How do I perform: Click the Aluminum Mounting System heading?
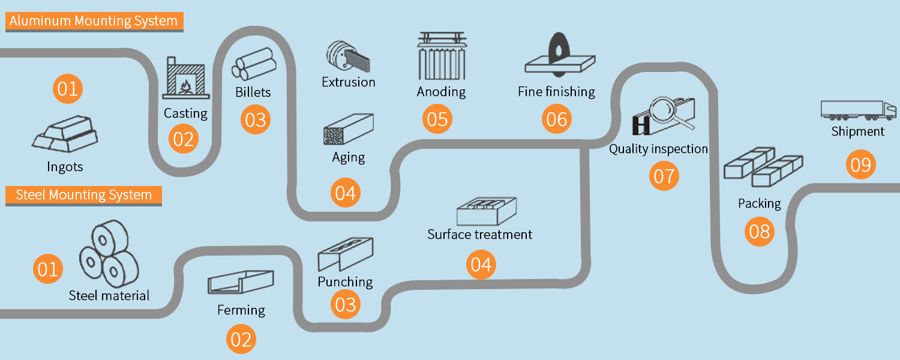tap(94, 22)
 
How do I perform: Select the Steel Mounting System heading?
tap(83, 195)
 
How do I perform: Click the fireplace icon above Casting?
tap(185, 78)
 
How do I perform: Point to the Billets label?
tap(253, 92)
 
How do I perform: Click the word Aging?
tap(348, 158)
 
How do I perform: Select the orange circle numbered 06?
tap(556, 119)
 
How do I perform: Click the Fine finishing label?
tap(556, 92)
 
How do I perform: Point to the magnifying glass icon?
tap(667, 114)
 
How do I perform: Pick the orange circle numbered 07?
tap(664, 176)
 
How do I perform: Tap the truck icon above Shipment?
tap(857, 110)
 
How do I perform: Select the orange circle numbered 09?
tap(860, 164)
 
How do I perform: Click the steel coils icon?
tap(108, 254)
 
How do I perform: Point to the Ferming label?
tap(241, 310)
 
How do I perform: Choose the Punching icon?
tap(345, 254)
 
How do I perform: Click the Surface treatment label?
tap(479, 234)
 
